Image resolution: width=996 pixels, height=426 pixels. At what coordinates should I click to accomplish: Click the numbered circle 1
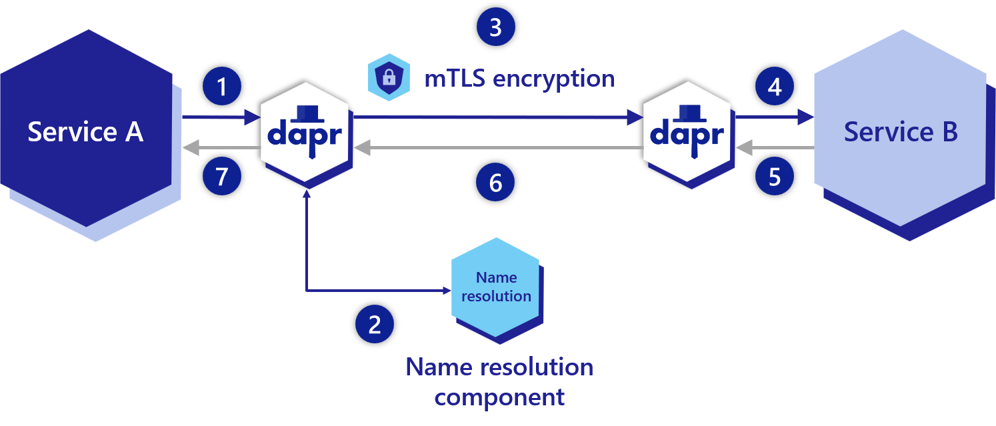coord(222,87)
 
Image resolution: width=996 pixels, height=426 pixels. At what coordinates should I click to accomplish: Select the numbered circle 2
coord(375,325)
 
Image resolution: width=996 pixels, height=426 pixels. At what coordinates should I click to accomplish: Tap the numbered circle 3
coord(496,27)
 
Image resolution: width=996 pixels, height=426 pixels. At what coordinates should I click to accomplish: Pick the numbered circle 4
coord(775,87)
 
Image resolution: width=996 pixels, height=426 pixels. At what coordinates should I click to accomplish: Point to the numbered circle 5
coord(775,177)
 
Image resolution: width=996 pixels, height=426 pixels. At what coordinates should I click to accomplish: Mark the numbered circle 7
coord(222,177)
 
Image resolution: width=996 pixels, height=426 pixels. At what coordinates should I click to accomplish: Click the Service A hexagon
coord(85,131)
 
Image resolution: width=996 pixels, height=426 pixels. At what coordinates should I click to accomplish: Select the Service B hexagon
coord(901,131)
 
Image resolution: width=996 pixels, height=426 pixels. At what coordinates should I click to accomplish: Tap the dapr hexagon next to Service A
coord(305,131)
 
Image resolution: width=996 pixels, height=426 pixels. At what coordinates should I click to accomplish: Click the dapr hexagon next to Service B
coord(687,131)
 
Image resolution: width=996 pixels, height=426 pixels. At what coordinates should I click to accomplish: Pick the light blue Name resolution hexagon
coord(496,287)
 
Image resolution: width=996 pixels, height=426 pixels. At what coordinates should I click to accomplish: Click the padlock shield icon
coord(389,77)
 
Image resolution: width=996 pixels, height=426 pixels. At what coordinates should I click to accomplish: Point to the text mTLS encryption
coord(519,79)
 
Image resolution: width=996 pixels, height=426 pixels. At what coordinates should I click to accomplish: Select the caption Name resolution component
coord(499,382)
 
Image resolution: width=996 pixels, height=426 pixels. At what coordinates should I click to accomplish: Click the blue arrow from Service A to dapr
coord(220,118)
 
